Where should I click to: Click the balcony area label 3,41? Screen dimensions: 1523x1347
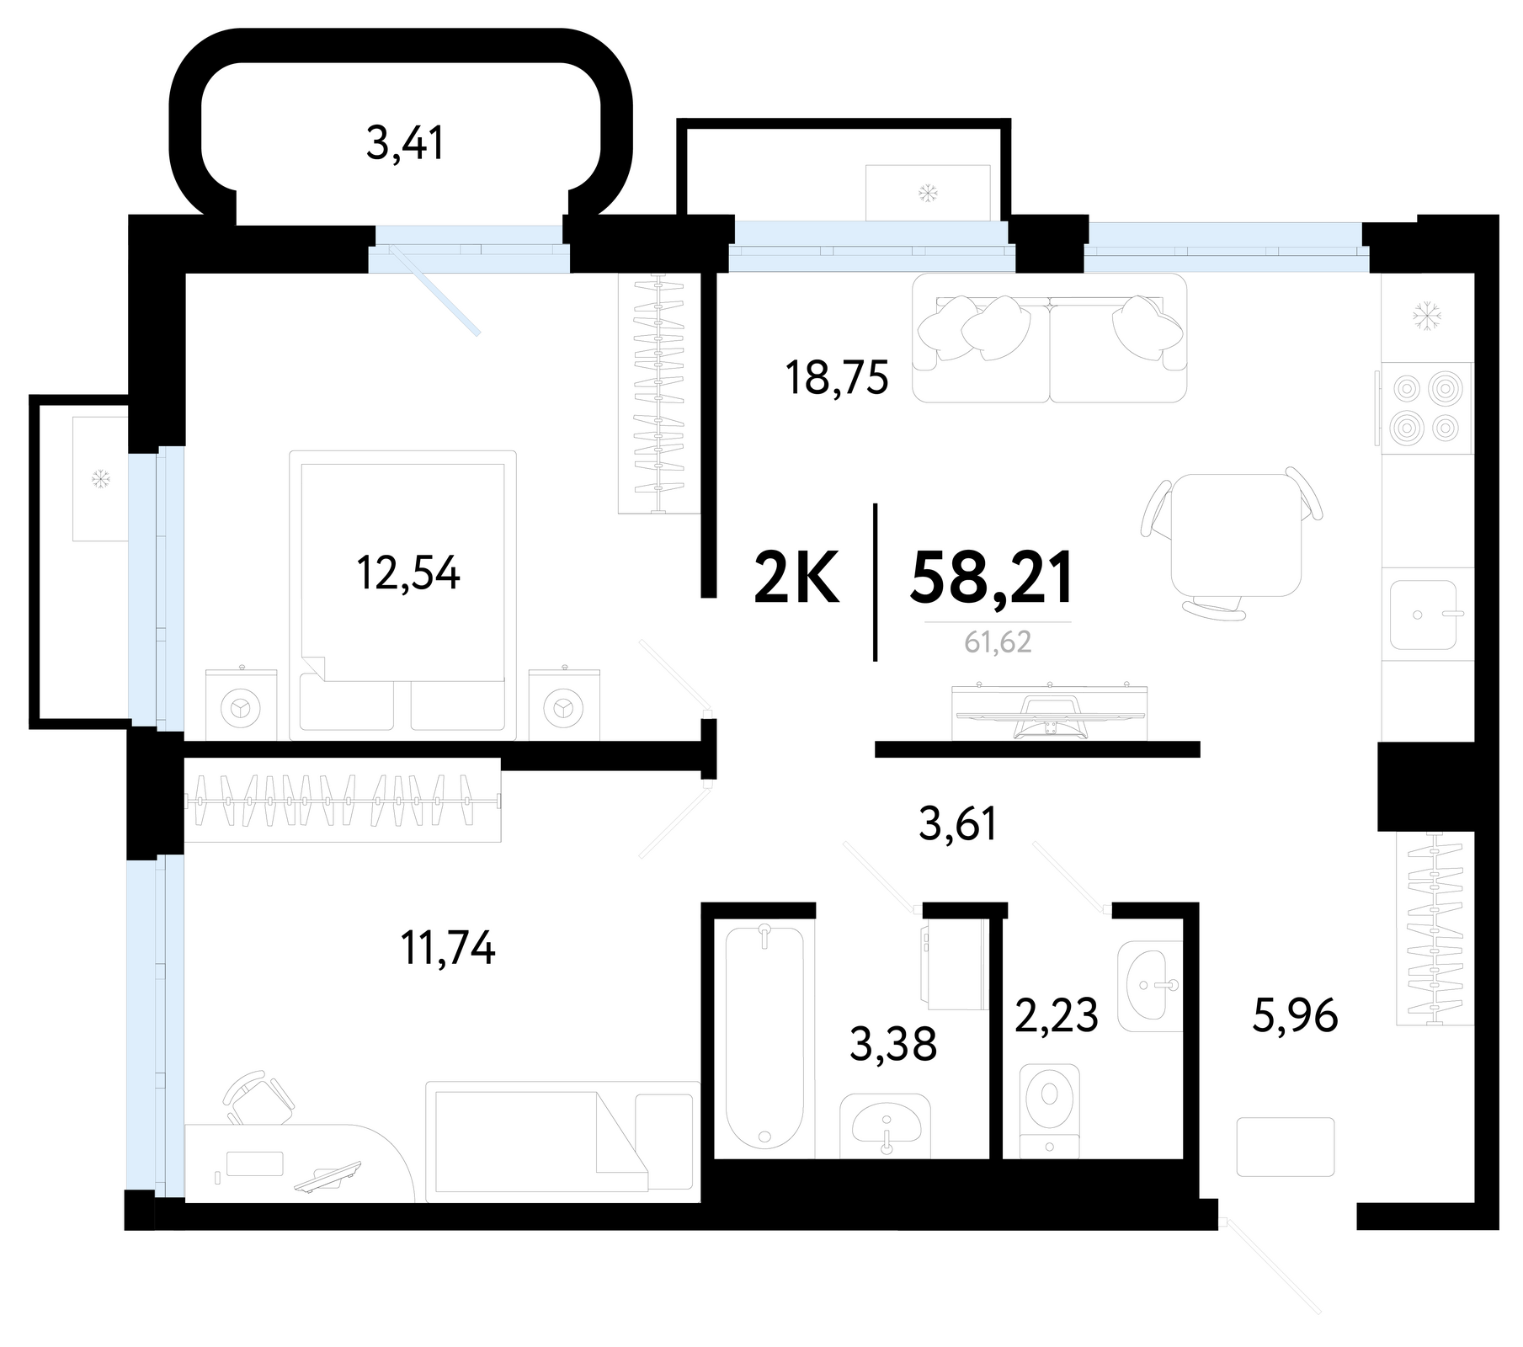(x=405, y=143)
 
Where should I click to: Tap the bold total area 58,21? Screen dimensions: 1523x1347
(x=992, y=578)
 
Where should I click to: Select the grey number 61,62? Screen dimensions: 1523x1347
(x=998, y=642)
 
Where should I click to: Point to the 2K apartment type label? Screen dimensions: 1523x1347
(x=796, y=578)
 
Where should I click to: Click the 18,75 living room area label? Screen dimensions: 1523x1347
(x=837, y=378)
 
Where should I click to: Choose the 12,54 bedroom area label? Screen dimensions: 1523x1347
(x=408, y=574)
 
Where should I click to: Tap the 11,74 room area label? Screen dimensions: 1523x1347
(x=448, y=949)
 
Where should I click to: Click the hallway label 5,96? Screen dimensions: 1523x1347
(x=1295, y=1016)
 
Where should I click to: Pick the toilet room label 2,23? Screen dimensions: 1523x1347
(x=1056, y=1015)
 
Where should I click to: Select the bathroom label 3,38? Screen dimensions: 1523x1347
(x=893, y=1045)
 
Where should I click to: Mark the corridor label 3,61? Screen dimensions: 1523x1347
(x=958, y=823)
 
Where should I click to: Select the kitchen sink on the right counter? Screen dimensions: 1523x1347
(x=1423, y=615)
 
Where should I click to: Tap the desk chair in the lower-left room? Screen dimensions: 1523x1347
(x=258, y=1099)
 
